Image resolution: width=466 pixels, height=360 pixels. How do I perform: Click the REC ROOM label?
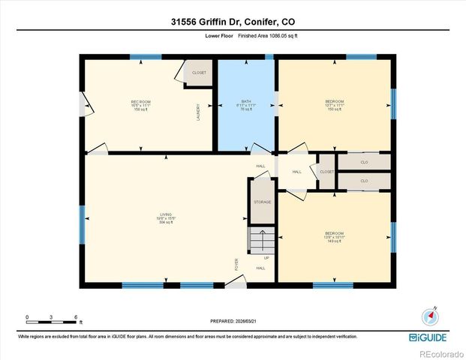[141, 102]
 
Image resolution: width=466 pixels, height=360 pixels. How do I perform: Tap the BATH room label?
[246, 102]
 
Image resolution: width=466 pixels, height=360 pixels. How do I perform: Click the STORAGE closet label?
[262, 202]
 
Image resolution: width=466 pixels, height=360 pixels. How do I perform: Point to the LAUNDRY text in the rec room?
[198, 112]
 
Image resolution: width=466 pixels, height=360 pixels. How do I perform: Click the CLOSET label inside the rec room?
[199, 73]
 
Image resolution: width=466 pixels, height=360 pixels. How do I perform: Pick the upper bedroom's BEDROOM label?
[335, 102]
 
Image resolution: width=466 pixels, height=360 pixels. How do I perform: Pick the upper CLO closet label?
[364, 162]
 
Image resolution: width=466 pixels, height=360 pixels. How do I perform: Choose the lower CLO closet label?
[364, 181]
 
